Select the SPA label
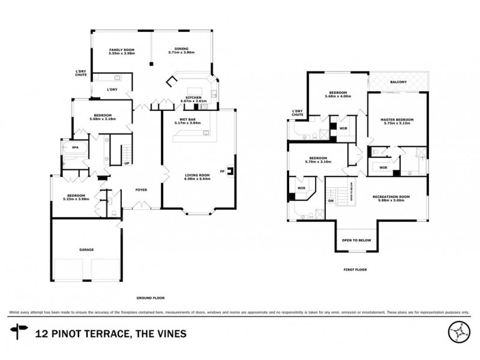click(75, 148)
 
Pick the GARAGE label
click(87, 250)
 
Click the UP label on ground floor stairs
click(127, 163)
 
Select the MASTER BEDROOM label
click(397, 121)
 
